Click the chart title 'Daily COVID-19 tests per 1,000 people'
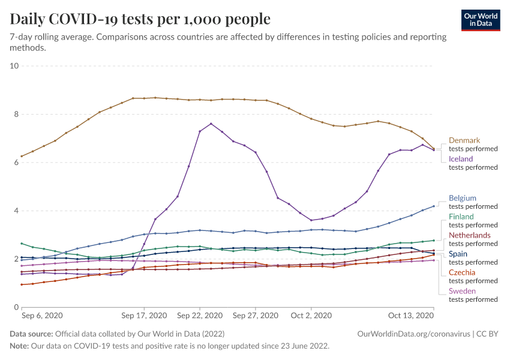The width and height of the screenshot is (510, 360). click(140, 19)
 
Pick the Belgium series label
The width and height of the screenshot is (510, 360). click(463, 198)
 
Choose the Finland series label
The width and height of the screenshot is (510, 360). click(461, 217)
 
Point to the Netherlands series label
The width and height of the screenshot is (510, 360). click(469, 235)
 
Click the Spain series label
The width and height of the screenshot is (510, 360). click(459, 254)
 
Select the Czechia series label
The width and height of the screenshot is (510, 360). click(462, 272)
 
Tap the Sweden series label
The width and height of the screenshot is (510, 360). click(463, 291)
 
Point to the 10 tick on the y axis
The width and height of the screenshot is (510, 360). click(14, 65)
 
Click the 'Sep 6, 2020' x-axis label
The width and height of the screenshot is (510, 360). click(42, 315)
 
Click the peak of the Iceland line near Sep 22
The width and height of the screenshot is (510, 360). click(211, 124)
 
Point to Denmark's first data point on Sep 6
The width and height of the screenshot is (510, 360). click(22, 156)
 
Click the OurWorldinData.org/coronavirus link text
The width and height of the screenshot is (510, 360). click(413, 334)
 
